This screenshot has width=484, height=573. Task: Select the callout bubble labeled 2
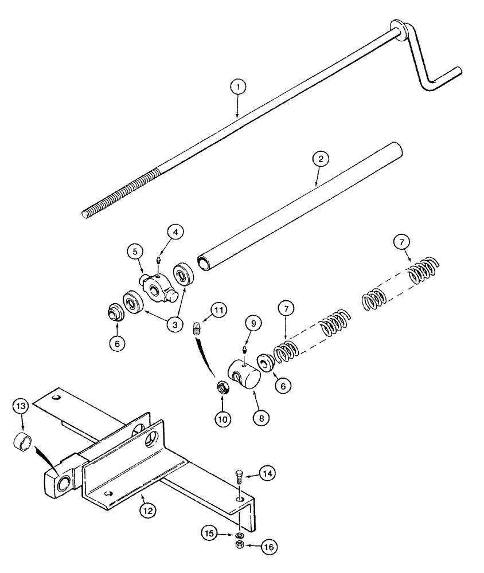point(319,159)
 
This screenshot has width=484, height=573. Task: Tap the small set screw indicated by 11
point(197,328)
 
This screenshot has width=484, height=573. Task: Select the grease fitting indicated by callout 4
point(158,261)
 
